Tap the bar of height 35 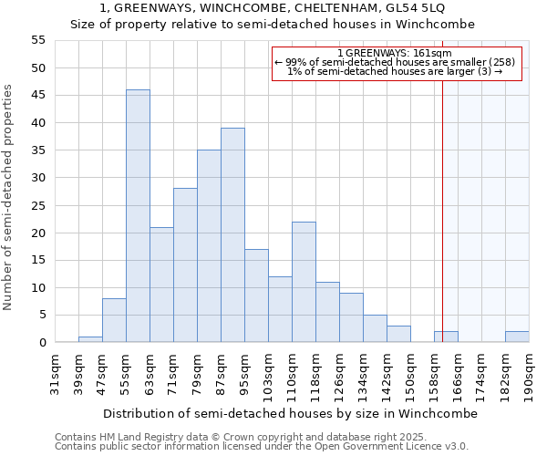[209, 246]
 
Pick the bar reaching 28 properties [185, 265]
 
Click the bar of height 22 [304, 282]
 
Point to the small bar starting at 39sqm [90, 339]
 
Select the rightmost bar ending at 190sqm [517, 337]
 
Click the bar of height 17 [256, 295]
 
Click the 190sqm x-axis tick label [530, 371]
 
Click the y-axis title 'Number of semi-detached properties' [8, 197]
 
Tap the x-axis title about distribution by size [290, 413]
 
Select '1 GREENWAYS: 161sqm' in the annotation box [396, 53]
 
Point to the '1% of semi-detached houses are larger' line [396, 71]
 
